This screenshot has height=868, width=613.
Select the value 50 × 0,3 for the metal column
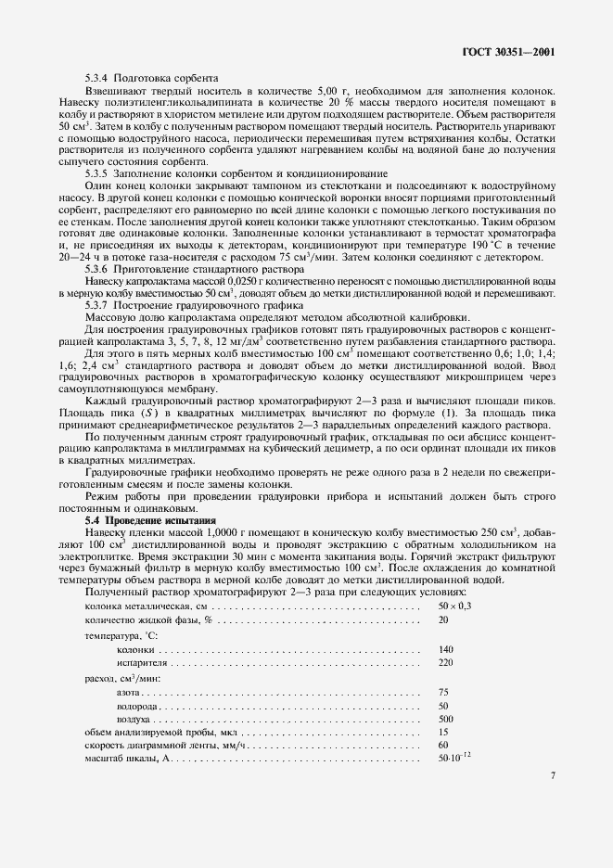tap(454, 606)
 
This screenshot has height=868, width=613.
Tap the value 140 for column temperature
tap(446, 649)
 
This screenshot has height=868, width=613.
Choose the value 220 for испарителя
tap(446, 664)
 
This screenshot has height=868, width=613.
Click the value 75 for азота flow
tap(443, 692)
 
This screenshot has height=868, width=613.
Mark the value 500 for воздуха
tap(446, 720)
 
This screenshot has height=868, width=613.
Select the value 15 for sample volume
tap(443, 733)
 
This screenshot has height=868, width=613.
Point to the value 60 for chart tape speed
tap(443, 746)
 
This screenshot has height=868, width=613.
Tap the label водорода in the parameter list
tap(136, 706)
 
